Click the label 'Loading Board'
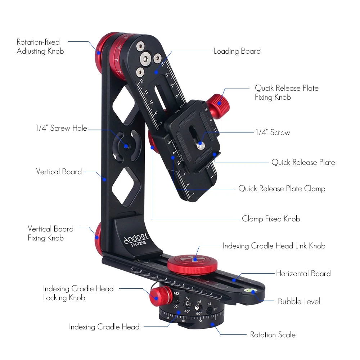click(x=237, y=51)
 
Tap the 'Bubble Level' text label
click(x=299, y=301)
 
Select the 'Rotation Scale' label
click(x=273, y=335)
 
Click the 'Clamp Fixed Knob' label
click(x=271, y=219)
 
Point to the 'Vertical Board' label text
click(x=59, y=172)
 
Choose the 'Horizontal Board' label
click(x=303, y=274)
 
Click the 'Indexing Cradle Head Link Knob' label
click(x=274, y=246)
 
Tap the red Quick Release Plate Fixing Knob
click(x=219, y=103)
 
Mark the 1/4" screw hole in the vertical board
click(x=126, y=146)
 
